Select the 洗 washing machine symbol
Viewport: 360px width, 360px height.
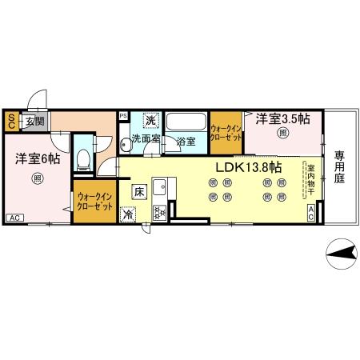tap(149, 120)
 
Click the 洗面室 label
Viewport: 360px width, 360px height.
tap(146, 138)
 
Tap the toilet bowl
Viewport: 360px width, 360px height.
tap(83, 157)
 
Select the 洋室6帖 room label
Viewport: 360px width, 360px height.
tap(37, 159)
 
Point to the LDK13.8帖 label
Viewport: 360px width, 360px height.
tap(247, 167)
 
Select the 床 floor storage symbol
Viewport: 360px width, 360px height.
tap(138, 190)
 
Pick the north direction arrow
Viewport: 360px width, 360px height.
tap(341, 254)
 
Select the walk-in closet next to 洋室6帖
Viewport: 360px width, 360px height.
tap(93, 201)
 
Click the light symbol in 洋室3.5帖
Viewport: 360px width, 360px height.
tap(282, 134)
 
